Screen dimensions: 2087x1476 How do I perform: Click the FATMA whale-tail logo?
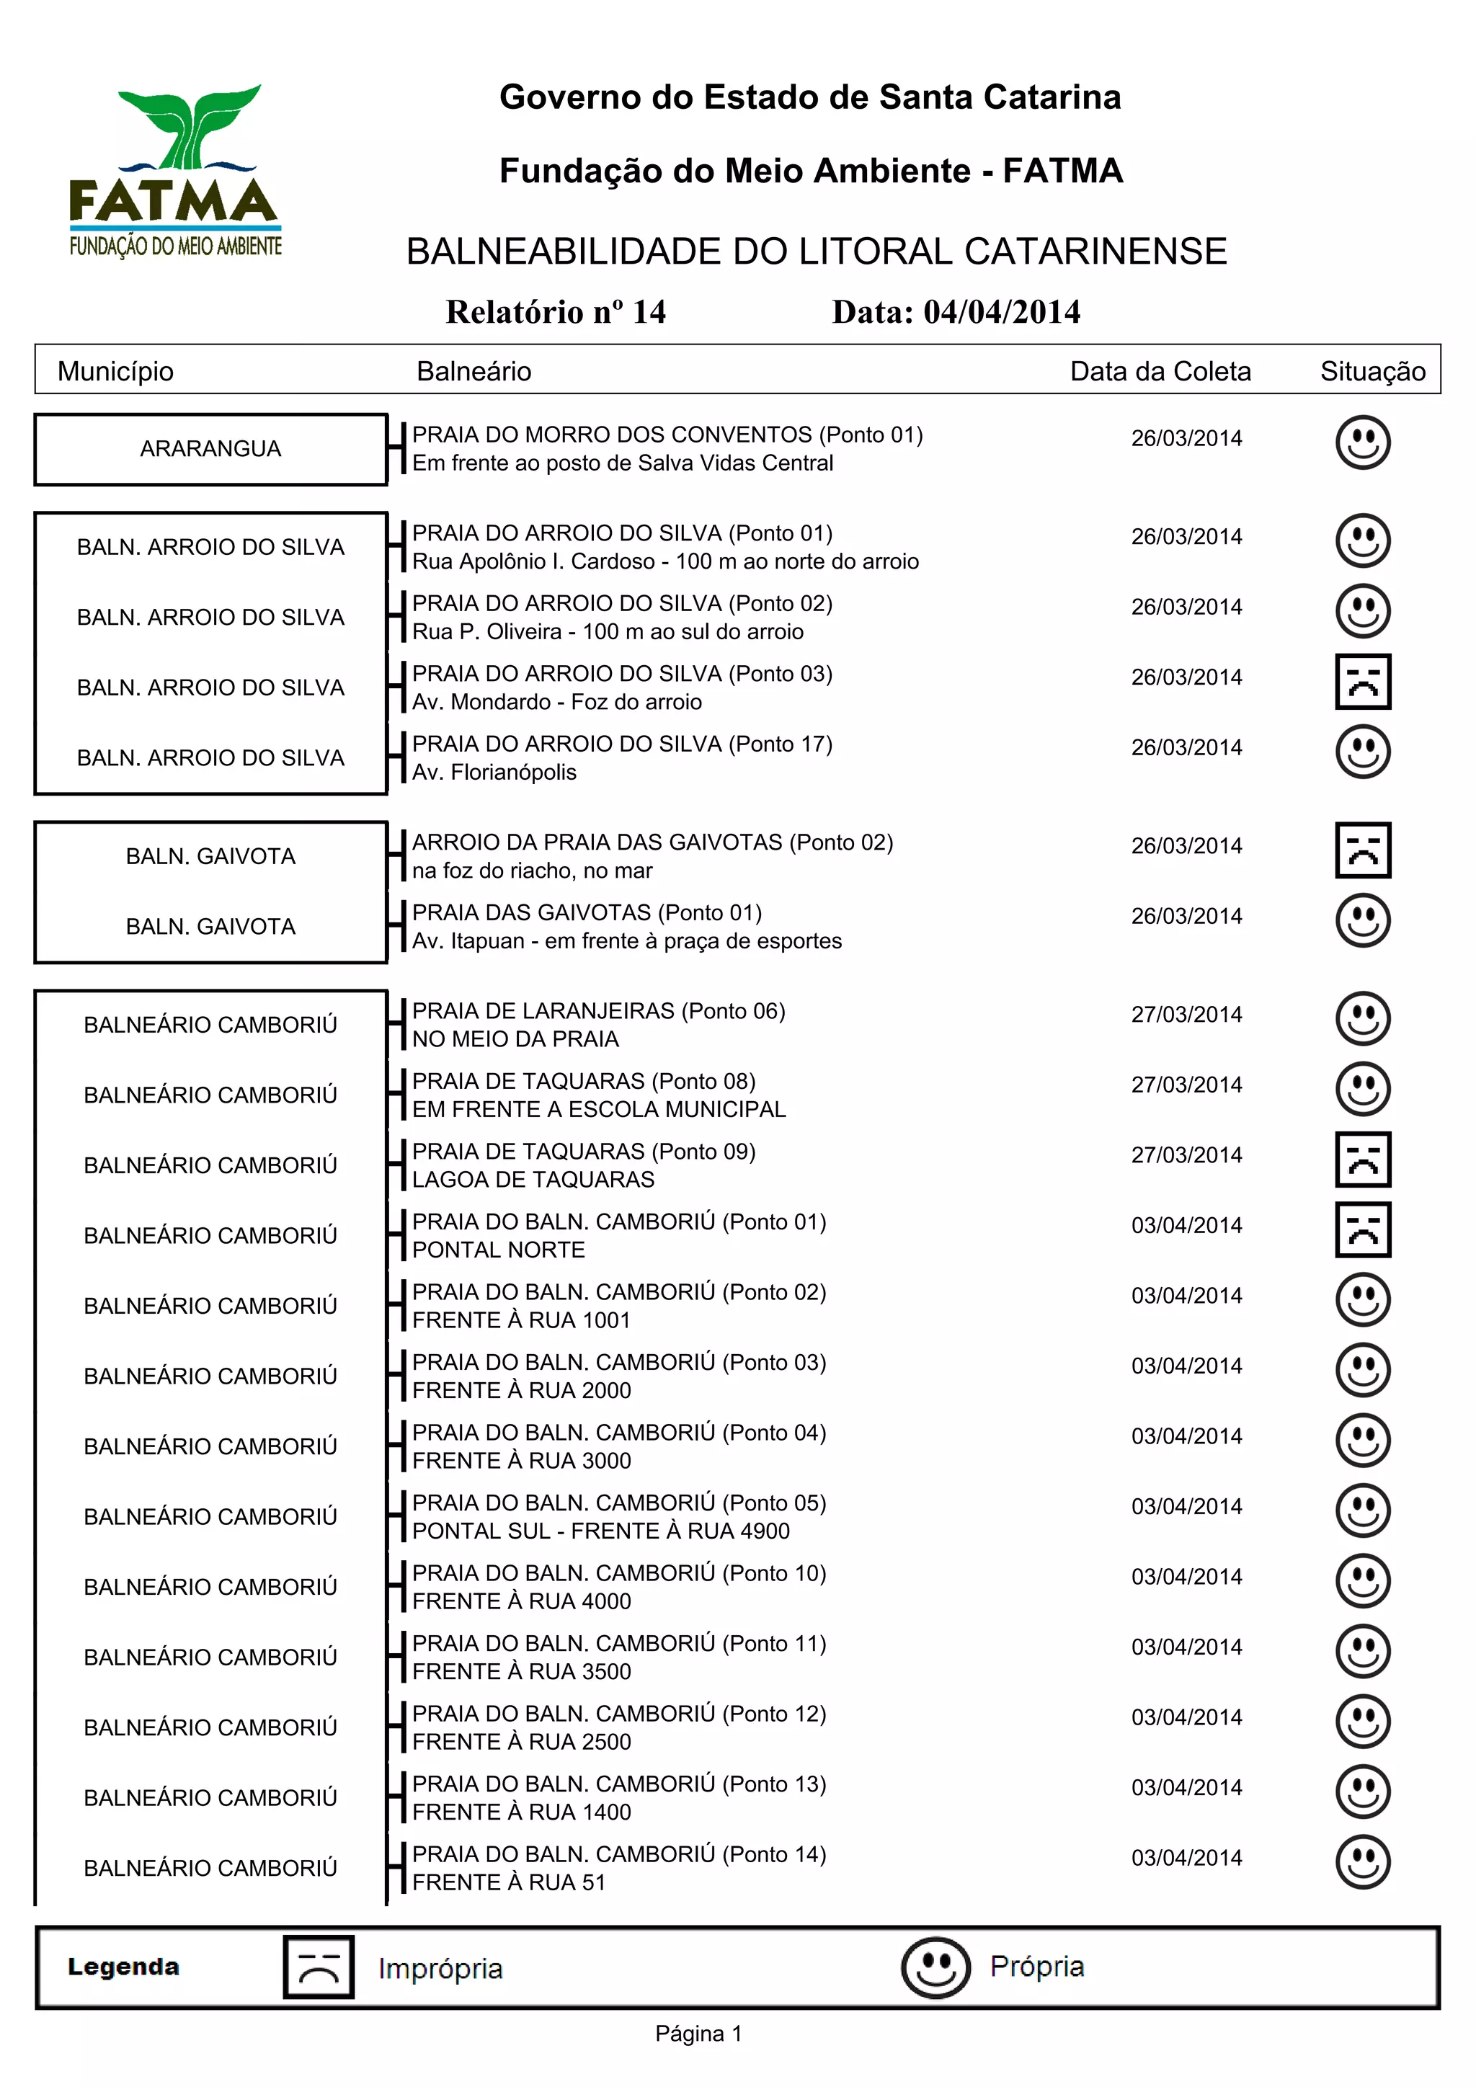pyautogui.click(x=174, y=170)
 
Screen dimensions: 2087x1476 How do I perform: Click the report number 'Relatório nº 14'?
pyautogui.click(x=556, y=312)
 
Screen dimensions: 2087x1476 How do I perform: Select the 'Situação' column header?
pyautogui.click(x=1372, y=371)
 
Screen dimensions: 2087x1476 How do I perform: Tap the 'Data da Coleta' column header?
pyautogui.click(x=1160, y=371)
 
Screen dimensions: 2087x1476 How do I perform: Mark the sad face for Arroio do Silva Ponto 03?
pyautogui.click(x=1362, y=681)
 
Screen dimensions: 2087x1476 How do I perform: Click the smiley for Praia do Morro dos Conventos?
pyautogui.click(x=1362, y=442)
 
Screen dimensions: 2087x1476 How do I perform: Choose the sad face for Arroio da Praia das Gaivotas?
pyautogui.click(x=1362, y=850)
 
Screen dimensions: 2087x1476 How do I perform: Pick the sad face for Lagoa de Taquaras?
pyautogui.click(x=1362, y=1159)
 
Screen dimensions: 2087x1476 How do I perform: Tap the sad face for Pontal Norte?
pyautogui.click(x=1362, y=1230)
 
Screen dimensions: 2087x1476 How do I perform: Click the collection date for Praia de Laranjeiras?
pyautogui.click(x=1186, y=1015)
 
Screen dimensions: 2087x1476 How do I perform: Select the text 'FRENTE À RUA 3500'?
pyautogui.click(x=522, y=1672)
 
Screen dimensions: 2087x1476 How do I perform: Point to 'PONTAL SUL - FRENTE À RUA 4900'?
pyautogui.click(x=601, y=1531)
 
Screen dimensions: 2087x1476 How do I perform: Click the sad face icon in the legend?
pyautogui.click(x=318, y=1967)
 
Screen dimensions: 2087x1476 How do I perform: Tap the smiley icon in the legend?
pyautogui.click(x=935, y=1967)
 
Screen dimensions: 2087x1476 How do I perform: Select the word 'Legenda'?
pyautogui.click(x=124, y=1967)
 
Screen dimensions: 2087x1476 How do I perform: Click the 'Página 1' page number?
pyautogui.click(x=698, y=2034)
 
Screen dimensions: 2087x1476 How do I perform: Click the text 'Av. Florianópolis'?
pyautogui.click(x=494, y=773)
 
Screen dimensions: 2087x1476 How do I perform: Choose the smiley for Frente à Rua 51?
pyautogui.click(x=1362, y=1861)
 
